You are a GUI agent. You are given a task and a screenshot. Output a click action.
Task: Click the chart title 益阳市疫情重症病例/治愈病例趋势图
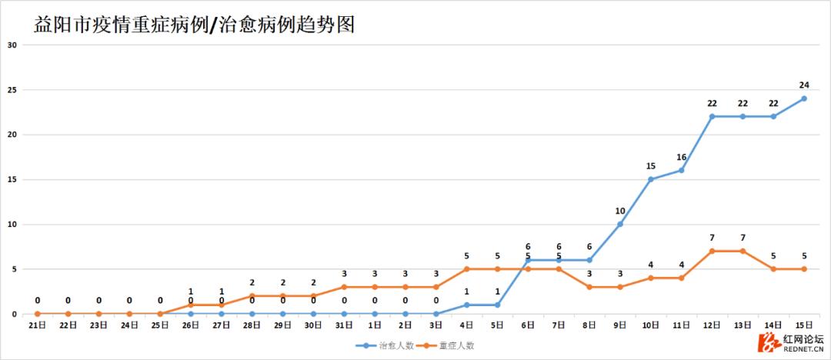click(194, 25)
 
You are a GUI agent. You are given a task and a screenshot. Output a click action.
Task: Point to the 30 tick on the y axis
click(12, 45)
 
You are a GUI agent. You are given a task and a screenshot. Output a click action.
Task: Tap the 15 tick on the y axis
click(12, 179)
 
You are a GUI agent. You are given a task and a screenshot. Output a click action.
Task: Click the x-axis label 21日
click(38, 325)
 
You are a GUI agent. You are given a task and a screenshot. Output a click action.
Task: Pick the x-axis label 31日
click(344, 325)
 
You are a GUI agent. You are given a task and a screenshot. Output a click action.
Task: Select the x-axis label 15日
click(803, 325)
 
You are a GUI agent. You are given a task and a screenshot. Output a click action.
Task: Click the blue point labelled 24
click(803, 98)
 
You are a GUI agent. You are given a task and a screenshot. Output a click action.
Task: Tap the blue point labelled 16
click(681, 170)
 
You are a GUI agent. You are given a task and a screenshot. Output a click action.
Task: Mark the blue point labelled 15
click(650, 179)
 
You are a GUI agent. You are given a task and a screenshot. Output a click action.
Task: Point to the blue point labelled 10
click(619, 224)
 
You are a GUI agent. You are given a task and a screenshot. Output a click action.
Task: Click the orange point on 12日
click(712, 251)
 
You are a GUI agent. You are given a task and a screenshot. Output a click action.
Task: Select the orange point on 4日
click(466, 269)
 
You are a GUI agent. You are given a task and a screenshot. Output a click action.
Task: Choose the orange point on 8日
click(589, 287)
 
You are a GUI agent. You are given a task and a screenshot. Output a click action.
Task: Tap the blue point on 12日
click(712, 116)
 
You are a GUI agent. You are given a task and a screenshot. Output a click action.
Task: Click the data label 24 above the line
click(803, 85)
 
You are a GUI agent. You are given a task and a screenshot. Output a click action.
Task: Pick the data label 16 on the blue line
click(681, 157)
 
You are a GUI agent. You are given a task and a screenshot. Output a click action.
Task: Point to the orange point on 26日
click(191, 305)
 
